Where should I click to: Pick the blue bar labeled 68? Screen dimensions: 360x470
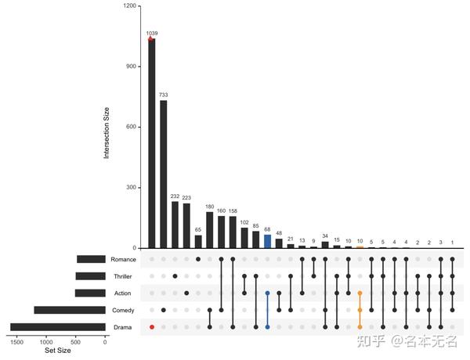tap(267, 241)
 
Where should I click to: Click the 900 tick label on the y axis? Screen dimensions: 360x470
tap(129, 67)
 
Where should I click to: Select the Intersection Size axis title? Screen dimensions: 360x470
tap(107, 128)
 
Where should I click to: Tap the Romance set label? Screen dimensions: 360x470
tap(123, 260)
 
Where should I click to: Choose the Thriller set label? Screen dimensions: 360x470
tap(124, 276)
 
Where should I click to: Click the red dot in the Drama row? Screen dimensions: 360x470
tap(151, 326)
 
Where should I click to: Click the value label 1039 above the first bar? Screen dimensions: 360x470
tap(151, 33)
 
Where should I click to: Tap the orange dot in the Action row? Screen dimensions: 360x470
tap(360, 293)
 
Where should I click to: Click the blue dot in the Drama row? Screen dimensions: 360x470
tap(267, 326)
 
